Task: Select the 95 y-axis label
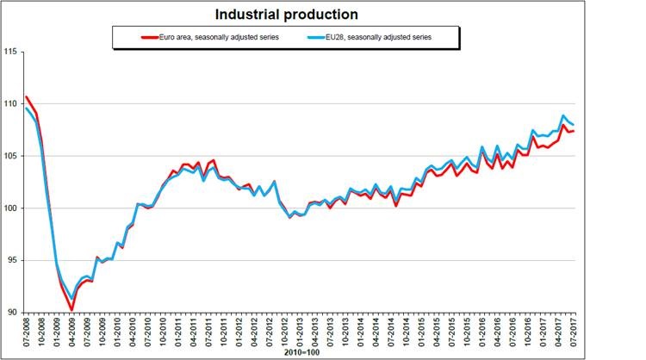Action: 12,260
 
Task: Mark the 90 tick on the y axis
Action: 12,312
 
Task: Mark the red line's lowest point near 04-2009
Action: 71,309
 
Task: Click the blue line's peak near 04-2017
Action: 563,115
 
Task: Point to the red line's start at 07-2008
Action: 27,97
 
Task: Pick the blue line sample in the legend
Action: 314,37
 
